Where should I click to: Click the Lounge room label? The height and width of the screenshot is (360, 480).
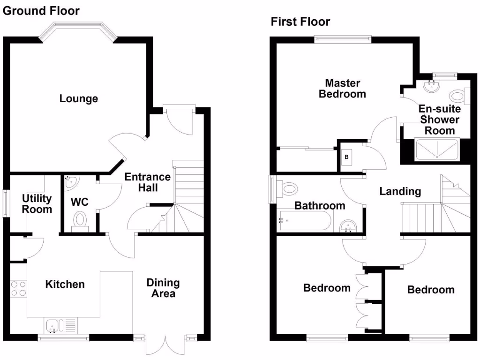(79, 98)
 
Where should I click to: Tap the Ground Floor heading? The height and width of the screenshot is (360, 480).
(41, 10)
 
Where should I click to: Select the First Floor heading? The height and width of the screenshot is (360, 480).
(300, 22)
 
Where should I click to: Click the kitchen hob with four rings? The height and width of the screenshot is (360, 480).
(18, 288)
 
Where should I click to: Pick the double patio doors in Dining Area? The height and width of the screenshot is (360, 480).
(163, 346)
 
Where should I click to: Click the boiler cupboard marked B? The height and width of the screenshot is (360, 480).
(346, 157)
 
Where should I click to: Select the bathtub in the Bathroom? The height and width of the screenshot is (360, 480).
(305, 220)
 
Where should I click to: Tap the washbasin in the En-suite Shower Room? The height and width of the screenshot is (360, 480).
(431, 86)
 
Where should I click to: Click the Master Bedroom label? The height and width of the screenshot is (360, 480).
(342, 89)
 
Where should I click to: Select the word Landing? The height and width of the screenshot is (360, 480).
(400, 191)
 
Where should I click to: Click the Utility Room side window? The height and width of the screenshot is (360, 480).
(5, 203)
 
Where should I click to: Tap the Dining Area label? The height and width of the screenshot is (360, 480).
(163, 288)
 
